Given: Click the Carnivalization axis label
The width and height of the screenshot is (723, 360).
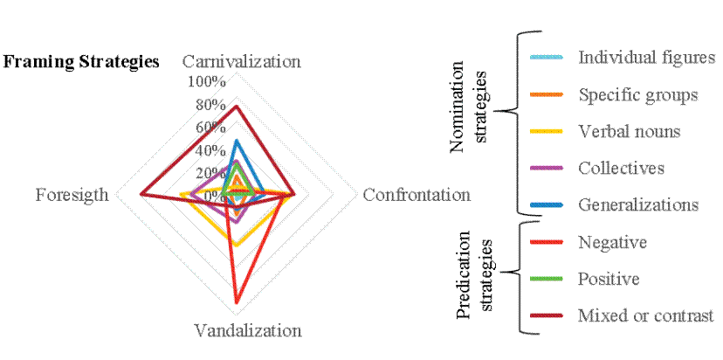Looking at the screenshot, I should pyautogui.click(x=241, y=62).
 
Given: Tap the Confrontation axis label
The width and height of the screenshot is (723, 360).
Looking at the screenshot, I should pyautogui.click(x=417, y=195).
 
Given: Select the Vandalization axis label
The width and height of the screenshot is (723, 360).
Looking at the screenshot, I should pyautogui.click(x=248, y=331).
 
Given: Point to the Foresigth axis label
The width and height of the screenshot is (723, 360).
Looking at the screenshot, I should pyautogui.click(x=72, y=195).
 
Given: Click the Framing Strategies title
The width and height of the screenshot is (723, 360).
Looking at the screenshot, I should pyautogui.click(x=82, y=62).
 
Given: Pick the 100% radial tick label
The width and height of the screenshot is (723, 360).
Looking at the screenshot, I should pyautogui.click(x=206, y=82).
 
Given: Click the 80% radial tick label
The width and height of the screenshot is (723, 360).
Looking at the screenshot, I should pyautogui.click(x=210, y=105).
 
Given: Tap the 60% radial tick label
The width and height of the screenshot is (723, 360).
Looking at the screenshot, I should pyautogui.click(x=210, y=128).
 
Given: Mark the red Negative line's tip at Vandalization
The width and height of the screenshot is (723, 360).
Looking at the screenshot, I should pyautogui.click(x=236, y=303).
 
